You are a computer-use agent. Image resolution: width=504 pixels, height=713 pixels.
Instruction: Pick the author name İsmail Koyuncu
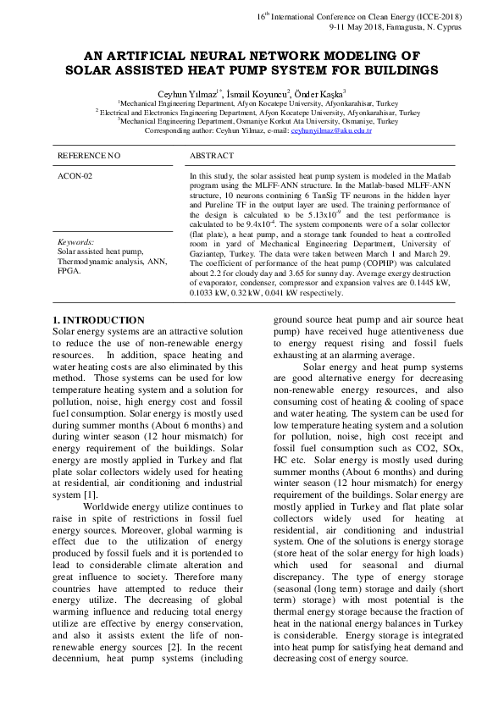point(262,93)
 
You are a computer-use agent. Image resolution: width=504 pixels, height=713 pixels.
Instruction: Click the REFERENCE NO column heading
point(89,157)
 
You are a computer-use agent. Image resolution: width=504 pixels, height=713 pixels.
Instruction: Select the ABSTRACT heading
point(212,157)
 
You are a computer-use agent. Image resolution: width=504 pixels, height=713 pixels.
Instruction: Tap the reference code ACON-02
point(75,175)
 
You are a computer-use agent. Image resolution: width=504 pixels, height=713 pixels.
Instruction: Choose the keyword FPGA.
point(68,271)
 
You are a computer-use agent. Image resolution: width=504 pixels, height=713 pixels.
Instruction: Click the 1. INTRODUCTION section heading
point(98,320)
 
